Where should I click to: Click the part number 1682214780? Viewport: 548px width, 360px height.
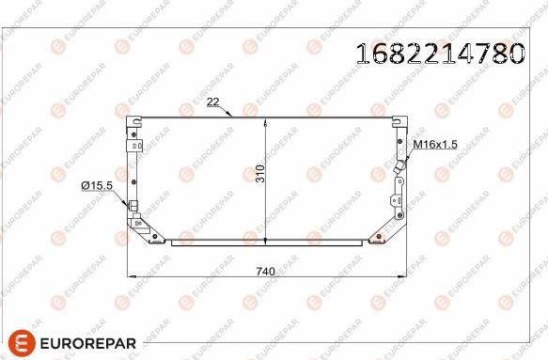(x=440, y=54)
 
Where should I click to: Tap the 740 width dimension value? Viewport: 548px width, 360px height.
(x=266, y=272)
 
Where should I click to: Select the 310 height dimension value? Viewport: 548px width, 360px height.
(x=260, y=173)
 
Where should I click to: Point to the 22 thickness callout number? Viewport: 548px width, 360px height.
(x=212, y=102)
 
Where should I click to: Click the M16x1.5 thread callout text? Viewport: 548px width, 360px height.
(x=435, y=144)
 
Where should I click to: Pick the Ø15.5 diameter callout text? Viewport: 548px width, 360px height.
(x=97, y=186)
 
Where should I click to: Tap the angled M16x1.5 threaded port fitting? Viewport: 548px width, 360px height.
(x=399, y=166)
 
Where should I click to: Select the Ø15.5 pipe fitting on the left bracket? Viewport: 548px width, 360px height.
(x=133, y=205)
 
